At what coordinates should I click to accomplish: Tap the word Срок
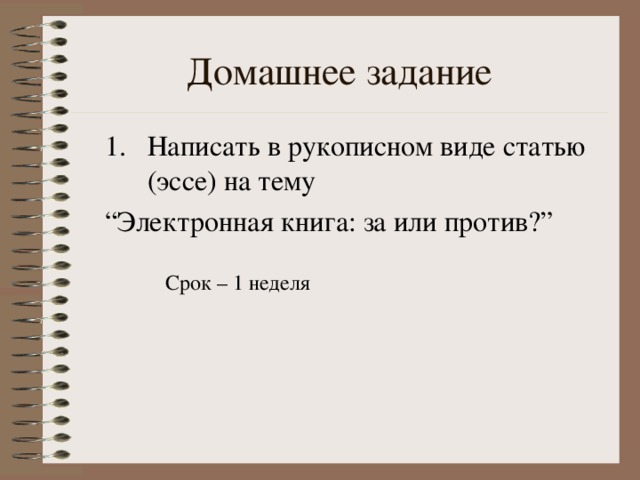pyautogui.click(x=187, y=284)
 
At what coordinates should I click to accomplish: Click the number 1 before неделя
pyautogui.click(x=238, y=284)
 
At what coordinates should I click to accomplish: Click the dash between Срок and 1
pyautogui.click(x=221, y=285)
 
